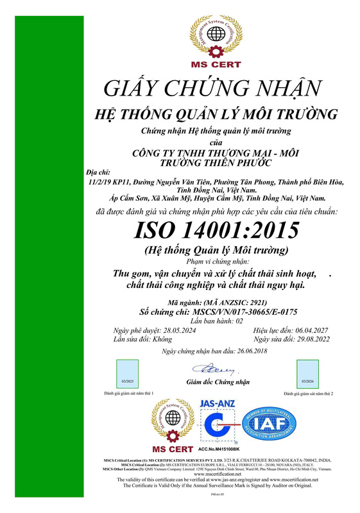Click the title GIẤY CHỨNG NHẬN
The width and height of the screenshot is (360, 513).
click(x=214, y=88)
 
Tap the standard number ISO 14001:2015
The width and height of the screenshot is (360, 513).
click(x=214, y=230)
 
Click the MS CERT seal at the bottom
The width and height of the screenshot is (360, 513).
click(x=172, y=424)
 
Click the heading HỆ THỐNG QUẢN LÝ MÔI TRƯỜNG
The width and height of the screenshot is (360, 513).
click(x=215, y=115)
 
